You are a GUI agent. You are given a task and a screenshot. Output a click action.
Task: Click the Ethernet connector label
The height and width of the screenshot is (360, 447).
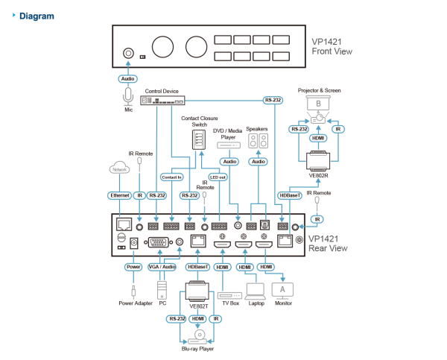pyautogui.click(x=119, y=195)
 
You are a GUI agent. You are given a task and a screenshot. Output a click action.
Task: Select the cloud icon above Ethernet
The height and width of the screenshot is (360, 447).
pyautogui.click(x=119, y=168)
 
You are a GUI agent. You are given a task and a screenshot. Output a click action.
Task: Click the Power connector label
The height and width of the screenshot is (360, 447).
pyautogui.click(x=133, y=266)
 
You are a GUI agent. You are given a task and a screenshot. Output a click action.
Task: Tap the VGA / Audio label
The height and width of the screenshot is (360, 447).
pyautogui.click(x=162, y=266)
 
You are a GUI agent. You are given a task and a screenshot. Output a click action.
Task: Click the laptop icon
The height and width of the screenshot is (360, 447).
pyautogui.click(x=255, y=289)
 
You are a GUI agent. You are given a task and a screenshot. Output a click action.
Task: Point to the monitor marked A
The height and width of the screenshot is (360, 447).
pyautogui.click(x=283, y=288)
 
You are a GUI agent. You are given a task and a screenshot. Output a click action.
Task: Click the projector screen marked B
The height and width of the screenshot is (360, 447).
pyautogui.click(x=319, y=103)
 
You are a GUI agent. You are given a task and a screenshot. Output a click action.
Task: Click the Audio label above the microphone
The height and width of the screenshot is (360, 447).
pyautogui.click(x=128, y=78)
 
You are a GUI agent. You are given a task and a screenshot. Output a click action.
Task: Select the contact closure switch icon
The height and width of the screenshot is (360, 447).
pyautogui.click(x=197, y=139)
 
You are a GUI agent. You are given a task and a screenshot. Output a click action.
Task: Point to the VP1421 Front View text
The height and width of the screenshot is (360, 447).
pyautogui.click(x=332, y=47)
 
